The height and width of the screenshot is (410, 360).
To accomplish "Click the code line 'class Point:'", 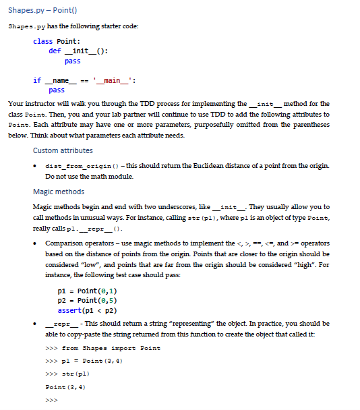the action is [x=55, y=42].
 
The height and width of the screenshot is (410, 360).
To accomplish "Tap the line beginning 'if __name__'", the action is [x=84, y=80].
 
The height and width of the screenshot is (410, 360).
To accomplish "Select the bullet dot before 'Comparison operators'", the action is [x=36, y=243].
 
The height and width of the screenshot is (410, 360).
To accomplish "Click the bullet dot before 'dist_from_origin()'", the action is [x=36, y=166].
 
